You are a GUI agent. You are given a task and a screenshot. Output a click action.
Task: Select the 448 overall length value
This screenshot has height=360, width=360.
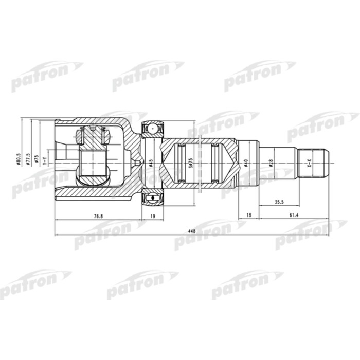192,231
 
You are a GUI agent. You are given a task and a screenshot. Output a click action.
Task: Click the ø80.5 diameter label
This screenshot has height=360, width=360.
19,159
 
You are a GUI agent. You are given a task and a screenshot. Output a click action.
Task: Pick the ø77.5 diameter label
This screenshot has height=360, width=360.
28,159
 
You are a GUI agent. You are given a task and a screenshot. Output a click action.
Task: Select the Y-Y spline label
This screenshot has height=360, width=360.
45,160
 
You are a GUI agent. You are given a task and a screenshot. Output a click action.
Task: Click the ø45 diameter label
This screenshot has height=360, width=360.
151,163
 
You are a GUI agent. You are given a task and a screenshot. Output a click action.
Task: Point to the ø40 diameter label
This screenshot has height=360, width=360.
246,163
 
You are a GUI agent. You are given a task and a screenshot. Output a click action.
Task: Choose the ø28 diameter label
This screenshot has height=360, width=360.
271,163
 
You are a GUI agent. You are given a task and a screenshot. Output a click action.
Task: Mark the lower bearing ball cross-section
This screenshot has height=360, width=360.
152,197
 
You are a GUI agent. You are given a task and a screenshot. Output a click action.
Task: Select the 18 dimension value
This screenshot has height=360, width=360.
249,217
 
